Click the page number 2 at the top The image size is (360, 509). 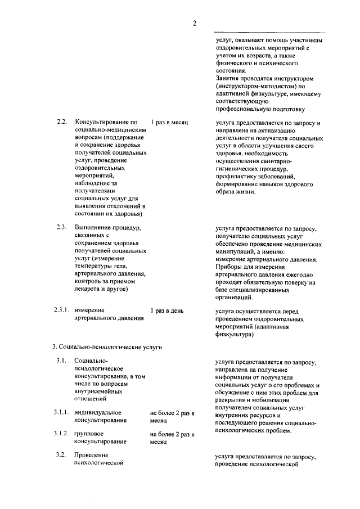pos(194,23)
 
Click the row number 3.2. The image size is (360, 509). pos(62,455)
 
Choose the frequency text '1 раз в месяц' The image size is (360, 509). pos(169,122)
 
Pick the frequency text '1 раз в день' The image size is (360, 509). pos(166,310)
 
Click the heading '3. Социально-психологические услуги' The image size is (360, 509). pos(107,348)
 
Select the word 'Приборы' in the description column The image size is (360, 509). pos(229,268)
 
